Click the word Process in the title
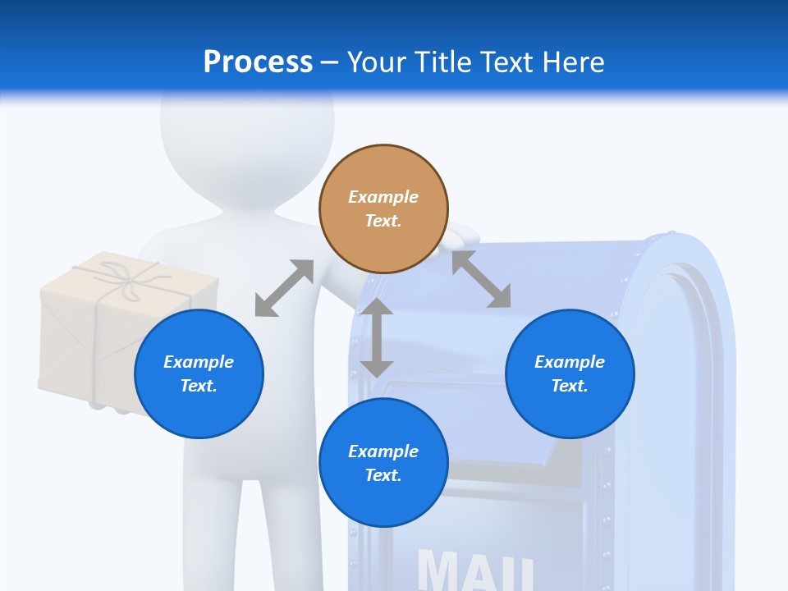pyautogui.click(x=258, y=62)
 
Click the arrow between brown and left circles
pyautogui.click(x=284, y=288)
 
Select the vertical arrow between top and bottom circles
pyautogui.click(x=377, y=337)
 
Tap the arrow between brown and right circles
pyautogui.click(x=481, y=279)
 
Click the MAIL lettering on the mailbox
pyautogui.click(x=476, y=569)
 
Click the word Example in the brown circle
pyautogui.click(x=383, y=197)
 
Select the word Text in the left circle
pyautogui.click(x=198, y=386)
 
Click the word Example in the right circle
pyautogui.click(x=570, y=362)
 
